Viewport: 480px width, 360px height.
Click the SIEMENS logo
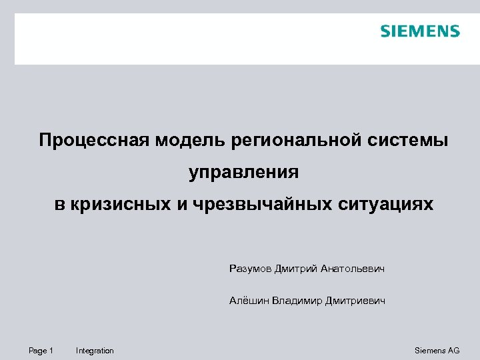click(x=420, y=31)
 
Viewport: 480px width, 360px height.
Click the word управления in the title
click(x=244, y=173)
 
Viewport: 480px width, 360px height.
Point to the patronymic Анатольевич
click(x=353, y=269)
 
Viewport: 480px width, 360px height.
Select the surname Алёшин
click(x=248, y=301)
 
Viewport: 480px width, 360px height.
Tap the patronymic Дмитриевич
click(x=355, y=301)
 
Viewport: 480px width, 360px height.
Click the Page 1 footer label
click(x=41, y=351)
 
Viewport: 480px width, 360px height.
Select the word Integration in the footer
click(x=95, y=351)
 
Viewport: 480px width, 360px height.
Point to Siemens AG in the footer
click(x=437, y=351)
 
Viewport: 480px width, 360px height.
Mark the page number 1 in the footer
click(x=51, y=351)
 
